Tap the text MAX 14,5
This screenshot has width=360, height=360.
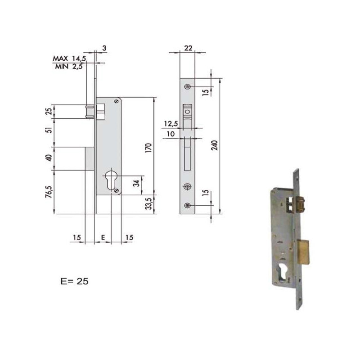coord(70,59)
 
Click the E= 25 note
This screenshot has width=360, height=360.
coord(74,281)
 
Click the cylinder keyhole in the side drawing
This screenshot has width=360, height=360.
coord(111,180)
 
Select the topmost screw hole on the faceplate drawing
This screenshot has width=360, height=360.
coord(188,86)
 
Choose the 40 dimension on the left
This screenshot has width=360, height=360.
coord(50,158)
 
